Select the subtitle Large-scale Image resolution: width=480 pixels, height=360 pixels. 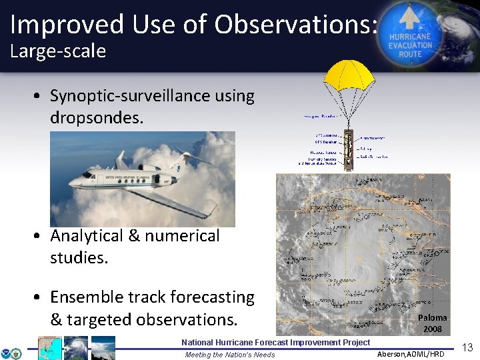(58, 51)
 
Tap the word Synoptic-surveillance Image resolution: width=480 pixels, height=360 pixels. (152, 96)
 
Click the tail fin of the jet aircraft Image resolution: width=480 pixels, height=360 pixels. (121, 160)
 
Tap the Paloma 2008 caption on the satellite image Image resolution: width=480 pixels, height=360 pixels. (432, 323)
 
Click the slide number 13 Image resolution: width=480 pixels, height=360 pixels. (467, 347)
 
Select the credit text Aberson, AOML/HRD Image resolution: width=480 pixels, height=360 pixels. (410, 354)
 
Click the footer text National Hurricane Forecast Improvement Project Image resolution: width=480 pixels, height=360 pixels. (275, 342)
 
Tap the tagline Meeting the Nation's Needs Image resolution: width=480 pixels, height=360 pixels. (229, 355)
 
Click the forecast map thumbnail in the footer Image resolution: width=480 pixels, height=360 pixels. (50, 348)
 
